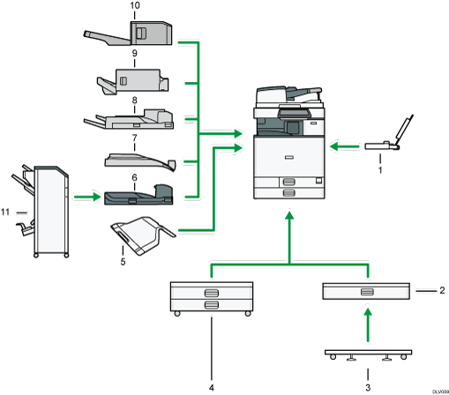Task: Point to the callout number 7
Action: tap(134, 139)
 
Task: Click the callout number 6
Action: tap(134, 177)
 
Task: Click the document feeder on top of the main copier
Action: tap(284, 94)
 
